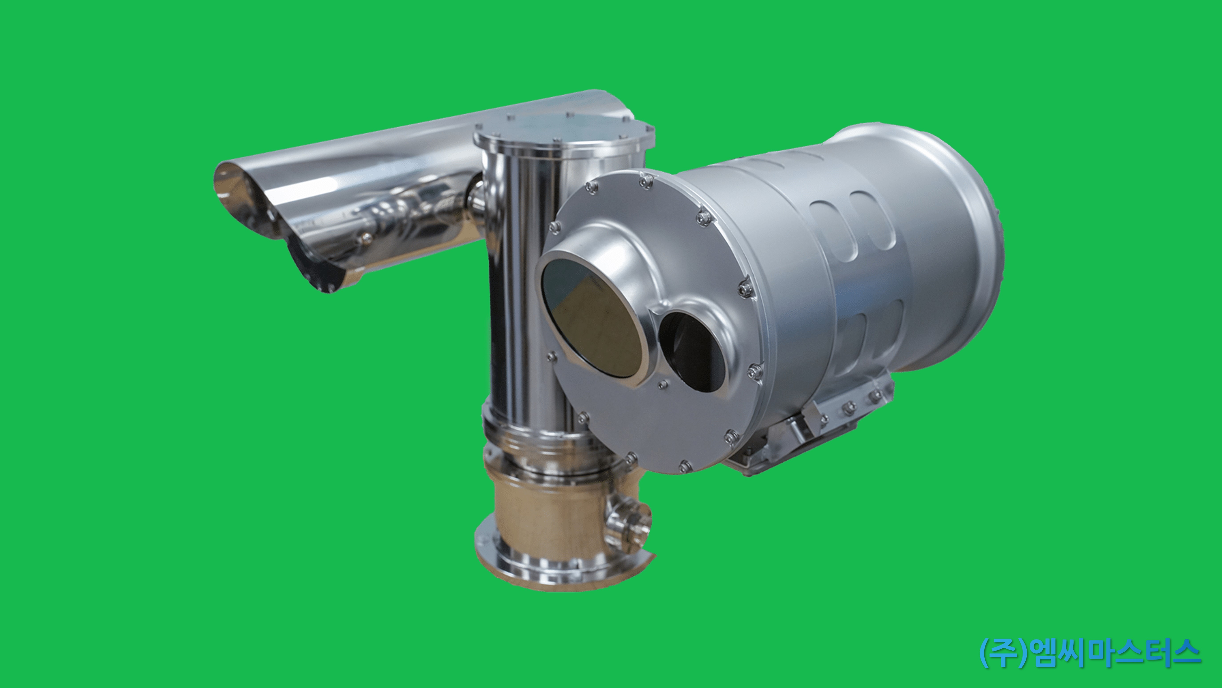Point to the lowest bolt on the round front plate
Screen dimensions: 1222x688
point(684,466)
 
